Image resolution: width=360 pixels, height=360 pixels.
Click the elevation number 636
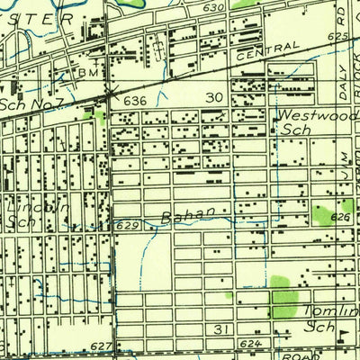click(133, 100)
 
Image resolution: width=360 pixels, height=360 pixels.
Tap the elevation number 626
click(339, 218)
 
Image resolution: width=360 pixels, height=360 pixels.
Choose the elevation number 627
click(101, 346)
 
